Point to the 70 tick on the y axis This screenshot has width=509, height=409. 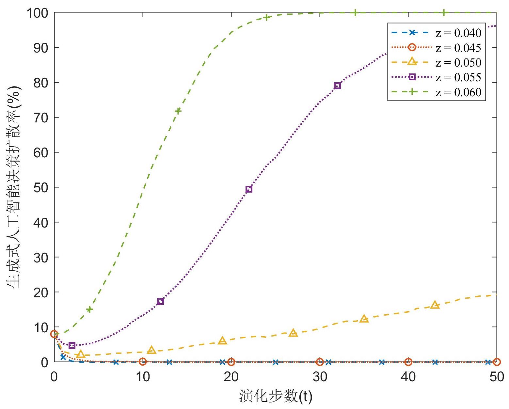(41, 118)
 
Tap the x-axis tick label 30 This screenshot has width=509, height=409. (320, 377)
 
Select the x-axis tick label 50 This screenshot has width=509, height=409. (497, 377)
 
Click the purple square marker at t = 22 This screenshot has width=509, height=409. (249, 189)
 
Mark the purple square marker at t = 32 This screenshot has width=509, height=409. (337, 86)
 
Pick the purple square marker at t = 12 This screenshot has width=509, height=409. (160, 301)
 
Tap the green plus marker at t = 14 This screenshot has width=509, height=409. (178, 111)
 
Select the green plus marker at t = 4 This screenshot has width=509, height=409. (89, 309)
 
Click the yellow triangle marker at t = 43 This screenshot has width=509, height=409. (435, 305)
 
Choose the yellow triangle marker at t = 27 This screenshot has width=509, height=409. (293, 333)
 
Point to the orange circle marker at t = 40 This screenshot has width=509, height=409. (408, 362)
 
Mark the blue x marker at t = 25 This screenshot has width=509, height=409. (276, 362)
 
